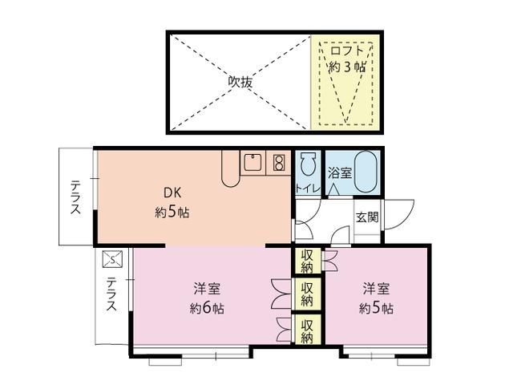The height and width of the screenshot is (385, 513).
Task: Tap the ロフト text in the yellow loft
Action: coord(346,52)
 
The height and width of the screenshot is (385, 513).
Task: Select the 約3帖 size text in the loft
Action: coord(346,67)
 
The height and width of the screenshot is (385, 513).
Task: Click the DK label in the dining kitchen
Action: coord(172,193)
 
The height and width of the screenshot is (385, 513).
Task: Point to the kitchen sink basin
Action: coord(252,164)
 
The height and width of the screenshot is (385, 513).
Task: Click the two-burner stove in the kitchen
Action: coord(279,164)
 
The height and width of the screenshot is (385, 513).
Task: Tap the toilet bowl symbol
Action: coord(308,167)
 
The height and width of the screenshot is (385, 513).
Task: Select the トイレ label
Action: coord(308,189)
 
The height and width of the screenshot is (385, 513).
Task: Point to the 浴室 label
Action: coord(338,171)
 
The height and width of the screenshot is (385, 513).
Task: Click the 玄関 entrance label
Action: coord(367,217)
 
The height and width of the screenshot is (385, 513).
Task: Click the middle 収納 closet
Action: coord(307,293)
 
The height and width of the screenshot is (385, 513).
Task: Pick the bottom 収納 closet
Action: coord(307,328)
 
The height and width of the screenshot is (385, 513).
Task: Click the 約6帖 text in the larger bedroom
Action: coord(207,308)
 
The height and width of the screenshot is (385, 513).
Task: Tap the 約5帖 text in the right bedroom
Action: coord(375,308)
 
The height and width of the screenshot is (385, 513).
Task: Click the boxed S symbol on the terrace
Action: coord(112,258)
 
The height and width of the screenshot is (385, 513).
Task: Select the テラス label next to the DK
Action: coord(75,197)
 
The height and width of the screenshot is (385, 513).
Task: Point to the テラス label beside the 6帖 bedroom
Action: coord(111,294)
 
